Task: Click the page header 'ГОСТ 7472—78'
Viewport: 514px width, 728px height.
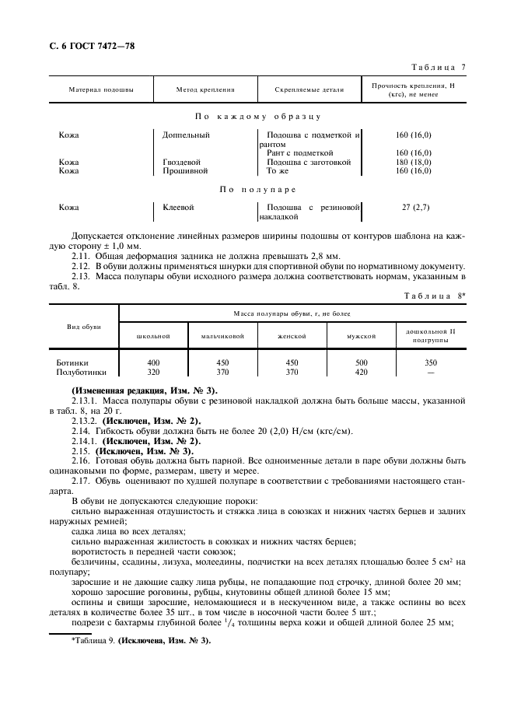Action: click(x=92, y=46)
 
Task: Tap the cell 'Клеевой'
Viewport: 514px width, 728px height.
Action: click(x=178, y=208)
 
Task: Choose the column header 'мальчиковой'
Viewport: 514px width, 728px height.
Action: click(x=223, y=336)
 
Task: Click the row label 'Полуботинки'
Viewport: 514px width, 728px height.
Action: click(x=78, y=372)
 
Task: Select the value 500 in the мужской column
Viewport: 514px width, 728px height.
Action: click(x=362, y=363)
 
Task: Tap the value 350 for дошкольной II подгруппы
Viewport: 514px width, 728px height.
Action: click(x=431, y=363)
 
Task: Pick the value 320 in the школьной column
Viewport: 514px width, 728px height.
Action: click(x=153, y=372)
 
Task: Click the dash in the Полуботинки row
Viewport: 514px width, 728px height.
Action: click(x=431, y=372)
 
